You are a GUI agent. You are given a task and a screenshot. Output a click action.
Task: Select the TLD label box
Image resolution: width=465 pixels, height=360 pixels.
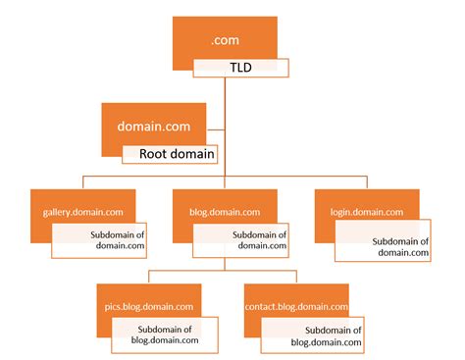click(x=240, y=69)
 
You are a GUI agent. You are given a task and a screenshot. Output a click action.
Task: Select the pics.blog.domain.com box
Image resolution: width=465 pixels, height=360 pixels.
click(x=148, y=297)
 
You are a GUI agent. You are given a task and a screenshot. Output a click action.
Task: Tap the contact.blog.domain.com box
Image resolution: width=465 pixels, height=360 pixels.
click(x=295, y=297)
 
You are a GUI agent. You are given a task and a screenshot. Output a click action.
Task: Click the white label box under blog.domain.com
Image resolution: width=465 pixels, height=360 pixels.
click(x=241, y=240)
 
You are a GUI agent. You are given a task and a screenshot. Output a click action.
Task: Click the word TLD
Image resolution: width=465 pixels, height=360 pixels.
click(x=240, y=69)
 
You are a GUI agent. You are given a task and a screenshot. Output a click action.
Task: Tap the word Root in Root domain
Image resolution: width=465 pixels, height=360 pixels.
click(x=154, y=153)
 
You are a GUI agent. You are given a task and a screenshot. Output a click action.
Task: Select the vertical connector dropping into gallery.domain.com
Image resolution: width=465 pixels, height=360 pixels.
click(x=82, y=181)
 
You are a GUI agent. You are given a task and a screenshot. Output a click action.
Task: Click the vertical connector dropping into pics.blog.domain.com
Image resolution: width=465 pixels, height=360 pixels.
click(x=148, y=275)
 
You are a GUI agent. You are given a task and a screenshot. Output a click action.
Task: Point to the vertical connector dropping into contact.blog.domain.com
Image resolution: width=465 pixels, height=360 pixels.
click(x=295, y=275)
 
